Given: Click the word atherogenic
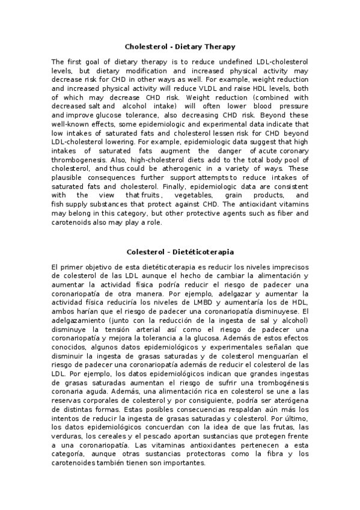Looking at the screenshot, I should pos(149,168).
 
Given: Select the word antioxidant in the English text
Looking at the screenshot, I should pos(273,204).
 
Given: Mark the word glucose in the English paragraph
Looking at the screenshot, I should pos(121,115).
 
